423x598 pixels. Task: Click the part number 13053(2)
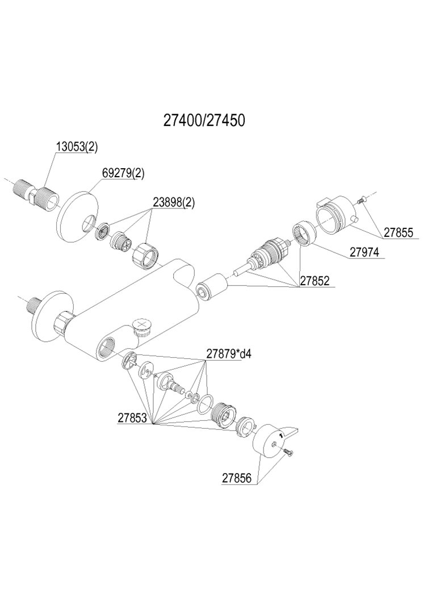click(x=77, y=147)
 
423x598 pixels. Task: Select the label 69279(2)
click(x=123, y=173)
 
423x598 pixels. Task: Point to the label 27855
click(x=399, y=232)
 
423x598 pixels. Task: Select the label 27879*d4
click(x=228, y=353)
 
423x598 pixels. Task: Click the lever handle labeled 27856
click(x=273, y=441)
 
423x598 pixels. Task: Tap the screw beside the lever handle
click(x=289, y=451)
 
